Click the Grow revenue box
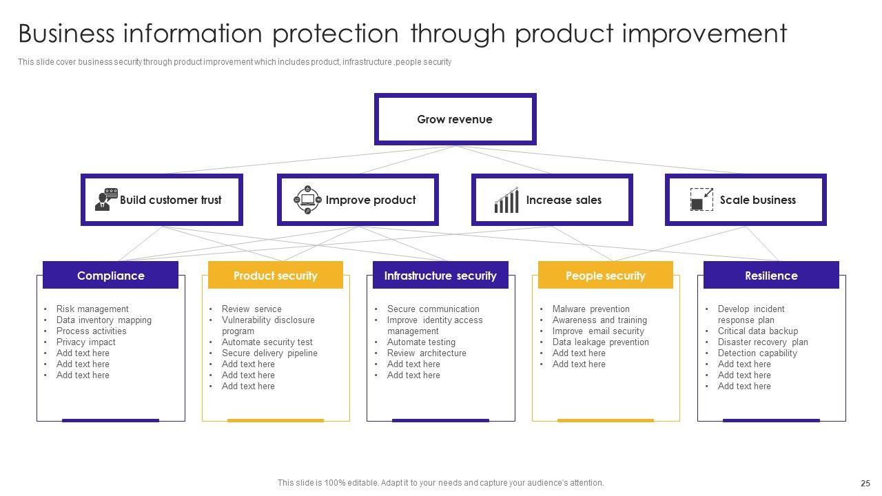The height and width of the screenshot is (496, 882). pyautogui.click(x=455, y=119)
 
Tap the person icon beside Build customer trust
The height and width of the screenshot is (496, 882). pyautogui.click(x=106, y=199)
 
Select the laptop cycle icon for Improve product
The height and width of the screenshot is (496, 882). pyautogui.click(x=307, y=200)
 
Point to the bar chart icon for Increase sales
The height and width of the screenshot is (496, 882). pyautogui.click(x=506, y=200)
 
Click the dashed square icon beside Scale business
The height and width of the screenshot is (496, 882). pyautogui.click(x=701, y=199)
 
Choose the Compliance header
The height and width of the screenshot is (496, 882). pyautogui.click(x=111, y=275)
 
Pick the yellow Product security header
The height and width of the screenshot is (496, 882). pyautogui.click(x=276, y=275)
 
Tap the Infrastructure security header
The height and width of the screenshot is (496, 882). pyautogui.click(x=440, y=275)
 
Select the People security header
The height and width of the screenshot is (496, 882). pyautogui.click(x=606, y=275)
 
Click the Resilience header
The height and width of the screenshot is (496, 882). pyautogui.click(x=771, y=275)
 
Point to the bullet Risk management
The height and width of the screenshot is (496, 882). pyautogui.click(x=92, y=309)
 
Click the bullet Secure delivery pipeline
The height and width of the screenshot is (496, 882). pyautogui.click(x=269, y=353)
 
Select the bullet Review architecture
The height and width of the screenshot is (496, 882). pyautogui.click(x=427, y=353)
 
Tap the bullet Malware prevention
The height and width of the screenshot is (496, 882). pyautogui.click(x=591, y=309)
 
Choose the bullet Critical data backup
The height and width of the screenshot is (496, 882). pyautogui.click(x=757, y=331)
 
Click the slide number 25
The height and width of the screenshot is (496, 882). pyautogui.click(x=865, y=483)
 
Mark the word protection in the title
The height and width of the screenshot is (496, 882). pyautogui.click(x=336, y=34)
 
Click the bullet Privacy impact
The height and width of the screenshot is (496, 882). pyautogui.click(x=86, y=342)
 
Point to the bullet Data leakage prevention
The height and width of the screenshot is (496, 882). pyautogui.click(x=600, y=342)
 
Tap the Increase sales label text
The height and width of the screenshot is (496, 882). pyautogui.click(x=564, y=200)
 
